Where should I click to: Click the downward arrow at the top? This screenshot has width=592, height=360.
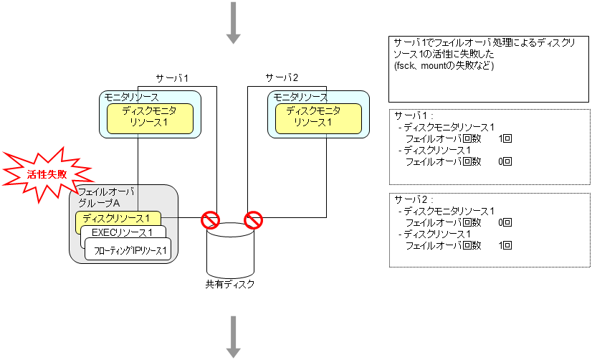click(x=233, y=22)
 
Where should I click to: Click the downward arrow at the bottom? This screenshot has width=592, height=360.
click(x=233, y=337)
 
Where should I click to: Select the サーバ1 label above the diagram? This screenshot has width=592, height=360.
click(x=172, y=77)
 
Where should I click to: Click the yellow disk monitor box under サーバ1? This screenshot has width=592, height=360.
click(x=151, y=118)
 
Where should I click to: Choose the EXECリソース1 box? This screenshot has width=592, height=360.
click(x=123, y=232)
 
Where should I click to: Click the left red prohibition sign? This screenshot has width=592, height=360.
click(x=209, y=219)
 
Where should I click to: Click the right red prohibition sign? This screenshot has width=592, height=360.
click(x=253, y=219)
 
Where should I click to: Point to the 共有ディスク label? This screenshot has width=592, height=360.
click(x=229, y=284)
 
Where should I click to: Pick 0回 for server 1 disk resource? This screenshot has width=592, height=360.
click(x=505, y=162)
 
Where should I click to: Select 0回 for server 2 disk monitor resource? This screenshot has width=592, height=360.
click(x=505, y=222)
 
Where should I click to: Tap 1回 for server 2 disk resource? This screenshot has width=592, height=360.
click(x=505, y=246)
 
